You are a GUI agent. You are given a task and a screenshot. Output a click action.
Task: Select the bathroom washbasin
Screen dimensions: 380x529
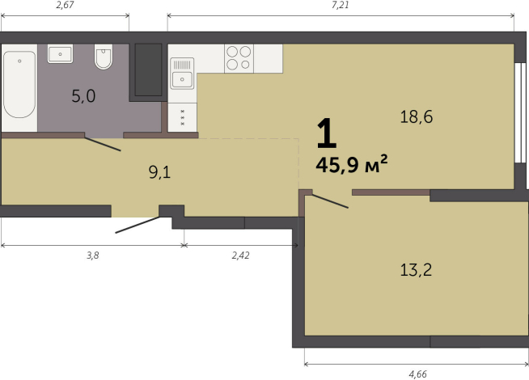[x=61, y=54]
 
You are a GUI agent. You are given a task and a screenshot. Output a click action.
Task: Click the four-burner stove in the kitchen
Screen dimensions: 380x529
[x=239, y=57]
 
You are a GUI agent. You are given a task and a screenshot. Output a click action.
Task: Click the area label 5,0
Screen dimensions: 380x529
[x=83, y=97]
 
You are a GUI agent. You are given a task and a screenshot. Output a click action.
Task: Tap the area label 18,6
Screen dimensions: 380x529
[x=417, y=116]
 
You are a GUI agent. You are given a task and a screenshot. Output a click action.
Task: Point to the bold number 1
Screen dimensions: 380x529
[x=325, y=132]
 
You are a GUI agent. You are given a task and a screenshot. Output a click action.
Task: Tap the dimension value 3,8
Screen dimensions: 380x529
[x=93, y=254]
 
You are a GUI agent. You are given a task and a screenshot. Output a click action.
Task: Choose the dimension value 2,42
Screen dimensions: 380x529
[x=240, y=254]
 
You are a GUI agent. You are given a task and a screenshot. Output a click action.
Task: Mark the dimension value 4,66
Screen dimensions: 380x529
[x=418, y=374]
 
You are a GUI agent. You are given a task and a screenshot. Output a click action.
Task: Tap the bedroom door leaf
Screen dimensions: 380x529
[x=330, y=201]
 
